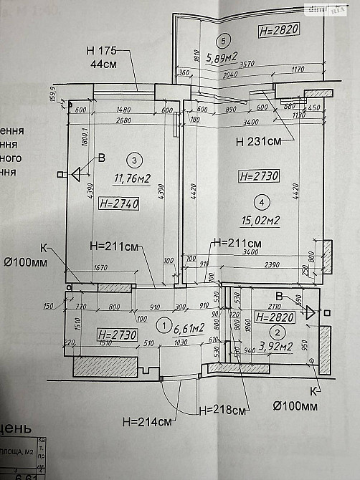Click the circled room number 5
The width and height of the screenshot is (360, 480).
pyautogui.click(x=224, y=40)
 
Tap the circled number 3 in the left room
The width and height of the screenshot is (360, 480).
pyautogui.click(x=132, y=159)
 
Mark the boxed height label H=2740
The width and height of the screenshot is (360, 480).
pyautogui.click(x=119, y=204)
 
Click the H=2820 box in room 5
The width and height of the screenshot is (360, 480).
pyautogui.click(x=278, y=29)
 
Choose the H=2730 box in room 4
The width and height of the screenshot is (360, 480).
pyautogui.click(x=257, y=175)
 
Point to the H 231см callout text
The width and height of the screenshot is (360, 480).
pyautogui.click(x=260, y=141)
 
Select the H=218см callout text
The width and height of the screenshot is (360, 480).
pyautogui.click(x=222, y=411)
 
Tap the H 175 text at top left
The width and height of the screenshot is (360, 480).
pyautogui.click(x=101, y=52)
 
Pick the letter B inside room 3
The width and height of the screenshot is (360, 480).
pyautogui.click(x=101, y=158)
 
